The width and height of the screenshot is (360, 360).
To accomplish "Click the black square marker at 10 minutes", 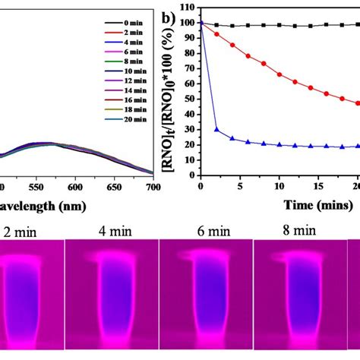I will click(279, 25).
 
